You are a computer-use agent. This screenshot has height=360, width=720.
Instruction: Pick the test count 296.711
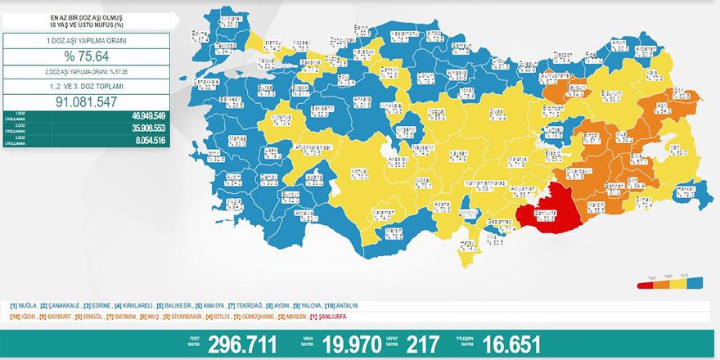pos(241,344)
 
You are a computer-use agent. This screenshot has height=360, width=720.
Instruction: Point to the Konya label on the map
pos(359,173)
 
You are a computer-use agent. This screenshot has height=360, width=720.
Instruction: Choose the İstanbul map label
pos(273,43)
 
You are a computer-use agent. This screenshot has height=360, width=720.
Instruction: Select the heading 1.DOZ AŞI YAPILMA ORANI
pos(86,40)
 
